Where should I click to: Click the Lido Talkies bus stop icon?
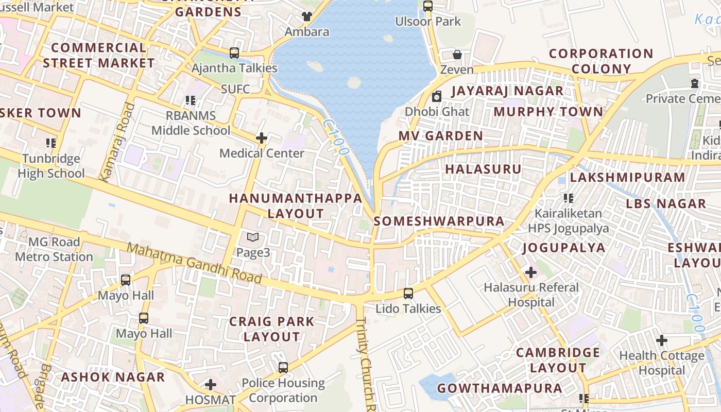coord(408,294)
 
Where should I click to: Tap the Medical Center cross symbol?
coord(262,138)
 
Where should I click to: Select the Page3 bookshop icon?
coord(252,237)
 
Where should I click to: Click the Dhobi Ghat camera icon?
coord(437,96)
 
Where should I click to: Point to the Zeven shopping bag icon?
coord(457,55)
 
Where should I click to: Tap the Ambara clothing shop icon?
coord(307,16)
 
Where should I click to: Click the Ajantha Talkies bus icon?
coord(234,53)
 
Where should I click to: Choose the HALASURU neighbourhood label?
coord(483,169)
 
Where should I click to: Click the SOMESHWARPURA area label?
coord(439,221)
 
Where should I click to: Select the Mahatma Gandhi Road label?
coord(194,263)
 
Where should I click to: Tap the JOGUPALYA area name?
coord(564,248)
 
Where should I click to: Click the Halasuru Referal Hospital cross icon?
coord(531,272)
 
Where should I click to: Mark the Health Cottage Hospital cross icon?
coord(662,340)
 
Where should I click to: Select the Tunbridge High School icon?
coord(50,143)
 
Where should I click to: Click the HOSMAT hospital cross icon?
coord(210,385)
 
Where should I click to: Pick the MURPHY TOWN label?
coord(548,112)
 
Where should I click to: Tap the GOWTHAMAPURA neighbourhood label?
coord(500,388)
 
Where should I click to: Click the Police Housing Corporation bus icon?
coord(283,368)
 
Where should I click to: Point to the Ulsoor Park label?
coord(428,22)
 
